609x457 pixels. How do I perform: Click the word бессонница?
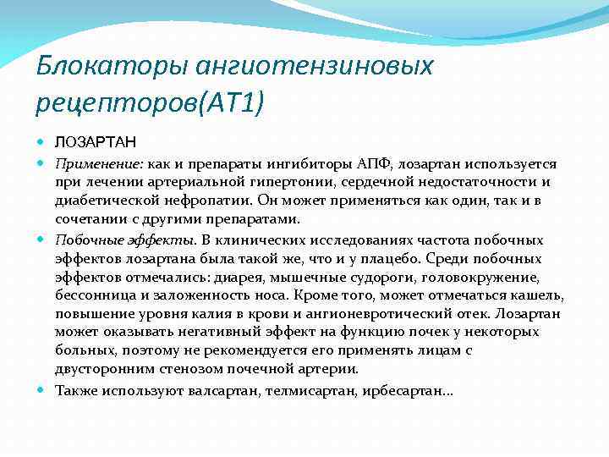(x=91, y=295)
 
